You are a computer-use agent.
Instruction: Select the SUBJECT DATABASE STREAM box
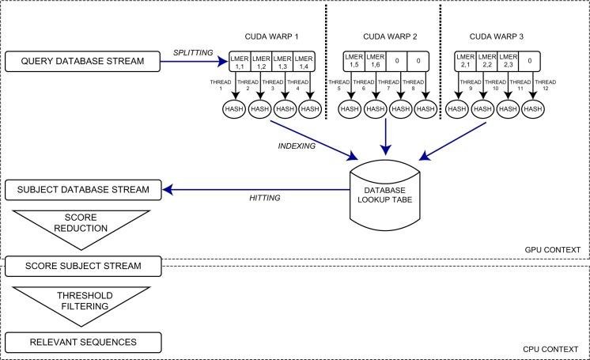coord(83,189)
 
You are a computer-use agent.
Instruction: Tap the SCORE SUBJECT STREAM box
coord(83,264)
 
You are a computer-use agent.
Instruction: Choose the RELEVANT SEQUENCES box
coord(83,343)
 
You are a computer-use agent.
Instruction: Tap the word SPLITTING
coord(193,51)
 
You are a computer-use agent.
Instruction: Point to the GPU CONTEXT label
coord(552,250)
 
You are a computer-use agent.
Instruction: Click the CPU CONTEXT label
coord(552,347)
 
